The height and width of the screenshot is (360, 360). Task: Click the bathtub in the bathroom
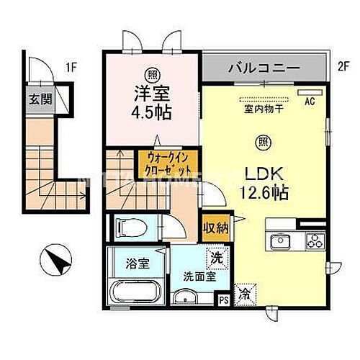(135, 294)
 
